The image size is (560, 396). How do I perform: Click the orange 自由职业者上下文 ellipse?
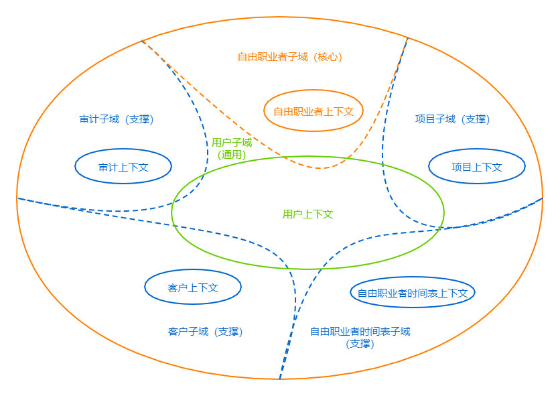pyautogui.click(x=313, y=111)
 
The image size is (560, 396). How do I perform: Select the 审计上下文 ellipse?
pyautogui.click(x=123, y=167)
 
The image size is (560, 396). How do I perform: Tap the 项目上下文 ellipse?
pyautogui.click(x=477, y=167)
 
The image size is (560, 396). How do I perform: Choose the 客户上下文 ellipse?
pyautogui.click(x=193, y=287)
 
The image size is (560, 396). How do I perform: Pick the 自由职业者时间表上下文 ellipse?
pyautogui.click(x=413, y=293)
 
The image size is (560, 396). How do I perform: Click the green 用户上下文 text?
pyautogui.click(x=308, y=214)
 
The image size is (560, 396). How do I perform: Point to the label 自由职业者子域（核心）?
pyautogui.click(x=290, y=57)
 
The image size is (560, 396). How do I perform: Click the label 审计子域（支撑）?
pyautogui.click(x=117, y=119)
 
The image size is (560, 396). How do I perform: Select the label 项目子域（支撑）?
pyautogui.click(x=452, y=119)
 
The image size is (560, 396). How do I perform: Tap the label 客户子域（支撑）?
pyautogui.click(x=205, y=332)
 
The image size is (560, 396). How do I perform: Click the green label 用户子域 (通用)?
pyautogui.click(x=232, y=148)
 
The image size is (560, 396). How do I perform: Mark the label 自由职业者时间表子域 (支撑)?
pyautogui.click(x=360, y=337)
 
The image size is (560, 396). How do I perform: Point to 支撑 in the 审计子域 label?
pyautogui.click(x=140, y=119)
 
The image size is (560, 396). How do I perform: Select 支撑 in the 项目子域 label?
pyautogui.click(x=476, y=119)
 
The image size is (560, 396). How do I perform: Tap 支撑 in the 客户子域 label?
pyautogui.click(x=228, y=332)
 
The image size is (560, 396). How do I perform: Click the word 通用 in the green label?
pyautogui.click(x=232, y=155)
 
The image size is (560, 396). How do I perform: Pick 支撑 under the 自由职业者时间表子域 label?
pyautogui.click(x=360, y=344)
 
